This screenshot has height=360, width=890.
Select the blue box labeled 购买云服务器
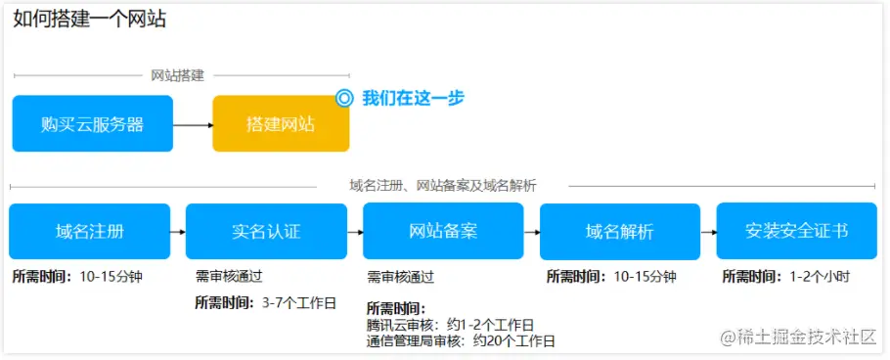pyautogui.click(x=93, y=124)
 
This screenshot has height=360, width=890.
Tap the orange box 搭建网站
pyautogui.click(x=281, y=124)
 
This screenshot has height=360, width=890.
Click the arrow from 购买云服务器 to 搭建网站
pyautogui.click(x=193, y=125)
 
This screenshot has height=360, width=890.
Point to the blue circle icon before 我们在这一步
pyautogui.click(x=343, y=98)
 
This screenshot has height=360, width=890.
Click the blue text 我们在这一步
pyautogui.click(x=413, y=98)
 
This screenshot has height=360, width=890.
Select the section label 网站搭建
pyautogui.click(x=177, y=75)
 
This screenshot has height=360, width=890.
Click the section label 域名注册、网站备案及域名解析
pyautogui.click(x=442, y=185)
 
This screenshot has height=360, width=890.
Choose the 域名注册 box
pyautogui.click(x=90, y=232)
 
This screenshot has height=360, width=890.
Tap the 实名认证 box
pyautogui.click(x=266, y=232)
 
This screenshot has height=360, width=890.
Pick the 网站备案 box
pyautogui.click(x=443, y=232)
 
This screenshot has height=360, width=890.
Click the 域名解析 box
pyautogui.click(x=620, y=232)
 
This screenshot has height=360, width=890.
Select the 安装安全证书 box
pyautogui.click(x=796, y=232)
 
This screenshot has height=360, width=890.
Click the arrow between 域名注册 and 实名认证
pyautogui.click(x=177, y=232)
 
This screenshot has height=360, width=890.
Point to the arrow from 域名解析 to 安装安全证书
pyautogui.click(x=708, y=232)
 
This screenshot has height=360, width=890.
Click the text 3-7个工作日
pyautogui.click(x=299, y=301)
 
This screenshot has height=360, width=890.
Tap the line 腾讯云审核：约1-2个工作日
pyautogui.click(x=451, y=325)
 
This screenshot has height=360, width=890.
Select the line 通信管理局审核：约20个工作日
pyautogui.click(x=461, y=341)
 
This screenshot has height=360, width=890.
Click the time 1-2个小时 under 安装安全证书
pyautogui.click(x=820, y=277)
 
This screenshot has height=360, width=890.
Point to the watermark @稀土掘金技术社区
pyautogui.click(x=798, y=337)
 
